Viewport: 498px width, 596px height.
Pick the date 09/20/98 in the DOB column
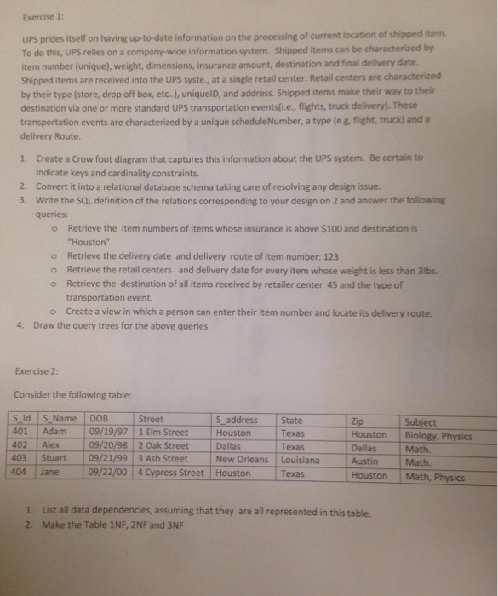(x=109, y=446)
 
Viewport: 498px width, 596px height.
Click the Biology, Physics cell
(x=438, y=436)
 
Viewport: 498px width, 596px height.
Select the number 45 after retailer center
(x=326, y=284)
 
